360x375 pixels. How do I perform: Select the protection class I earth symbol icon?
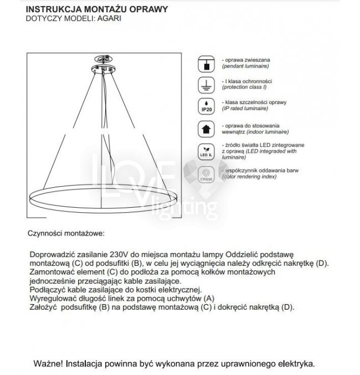206,85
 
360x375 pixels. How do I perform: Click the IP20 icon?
206,106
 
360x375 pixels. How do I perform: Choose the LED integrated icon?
206,151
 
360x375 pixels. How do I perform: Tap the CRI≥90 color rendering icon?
206,174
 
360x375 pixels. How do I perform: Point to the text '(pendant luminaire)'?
245,66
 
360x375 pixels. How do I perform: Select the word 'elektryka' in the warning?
295,364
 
